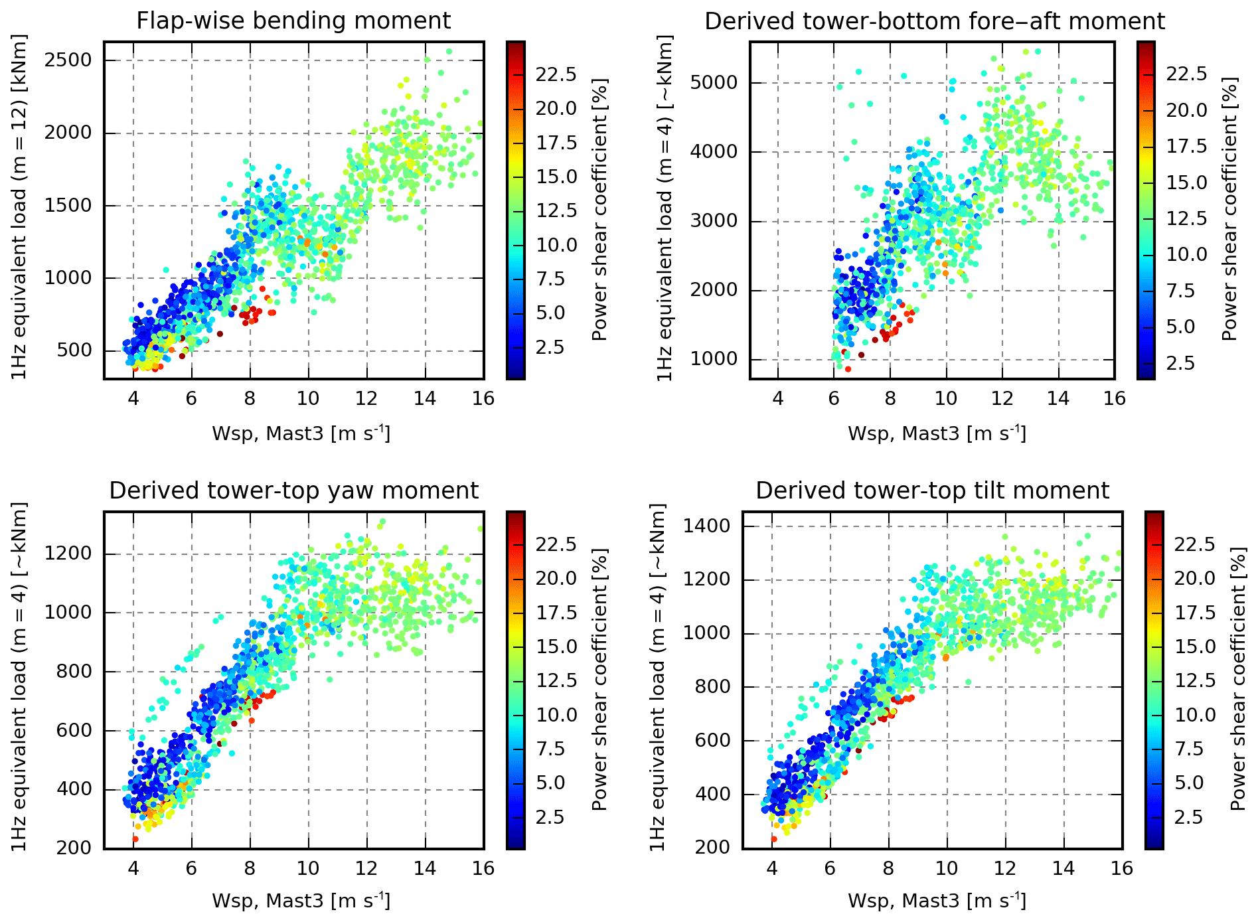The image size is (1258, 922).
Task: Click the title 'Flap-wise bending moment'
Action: tap(293, 21)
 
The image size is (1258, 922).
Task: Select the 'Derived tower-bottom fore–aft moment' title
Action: tap(934, 21)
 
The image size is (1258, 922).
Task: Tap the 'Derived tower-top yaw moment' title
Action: tap(293, 491)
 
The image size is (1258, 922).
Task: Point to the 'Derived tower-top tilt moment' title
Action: tap(932, 491)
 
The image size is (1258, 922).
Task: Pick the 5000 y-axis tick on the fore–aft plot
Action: tap(714, 83)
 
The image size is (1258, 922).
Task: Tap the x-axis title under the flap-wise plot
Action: tap(301, 433)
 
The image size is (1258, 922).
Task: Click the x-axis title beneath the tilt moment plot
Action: tap(937, 901)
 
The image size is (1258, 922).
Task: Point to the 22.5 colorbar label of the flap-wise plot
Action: tap(556, 74)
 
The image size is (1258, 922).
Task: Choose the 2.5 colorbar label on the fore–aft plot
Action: tap(1180, 363)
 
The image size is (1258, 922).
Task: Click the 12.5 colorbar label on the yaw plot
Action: tap(556, 680)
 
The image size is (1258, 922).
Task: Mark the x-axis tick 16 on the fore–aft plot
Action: tap(1115, 398)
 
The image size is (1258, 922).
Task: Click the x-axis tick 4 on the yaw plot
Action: tap(133, 868)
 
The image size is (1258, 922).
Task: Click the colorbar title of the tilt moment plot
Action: tap(1238, 679)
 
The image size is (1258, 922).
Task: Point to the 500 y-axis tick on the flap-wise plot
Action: tap(74, 350)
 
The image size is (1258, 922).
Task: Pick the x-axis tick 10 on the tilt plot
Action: tap(947, 868)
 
